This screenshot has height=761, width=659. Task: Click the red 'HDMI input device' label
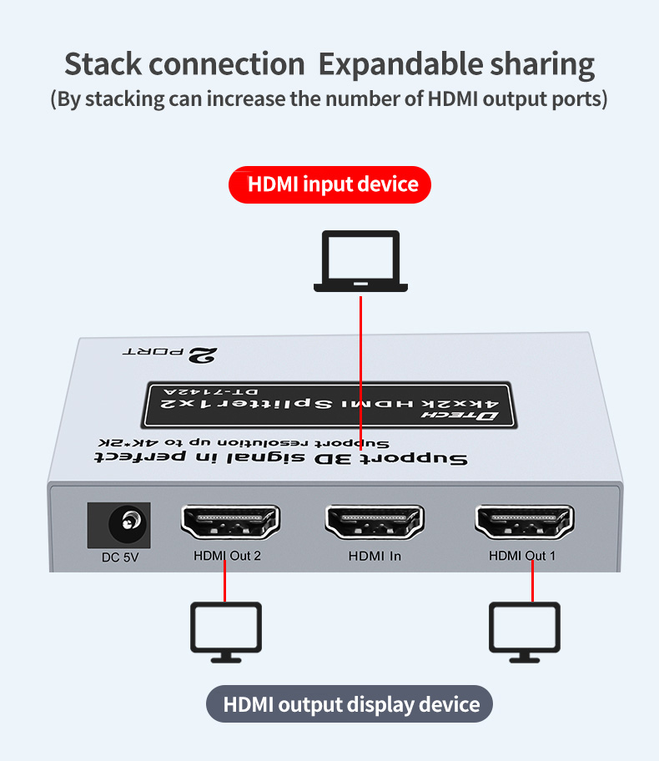329,184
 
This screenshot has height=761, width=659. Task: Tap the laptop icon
360,262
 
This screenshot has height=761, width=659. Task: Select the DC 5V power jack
118,524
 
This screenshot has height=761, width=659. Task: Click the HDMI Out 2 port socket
229,522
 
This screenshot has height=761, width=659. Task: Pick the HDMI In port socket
375,522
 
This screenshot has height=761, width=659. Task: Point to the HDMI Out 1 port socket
524,522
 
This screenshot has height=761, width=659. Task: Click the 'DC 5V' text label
113,557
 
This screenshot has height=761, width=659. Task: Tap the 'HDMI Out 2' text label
227,557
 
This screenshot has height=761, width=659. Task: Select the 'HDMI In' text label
375,557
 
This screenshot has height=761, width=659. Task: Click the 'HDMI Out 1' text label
522,557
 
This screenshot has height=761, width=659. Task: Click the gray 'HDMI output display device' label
350,704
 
